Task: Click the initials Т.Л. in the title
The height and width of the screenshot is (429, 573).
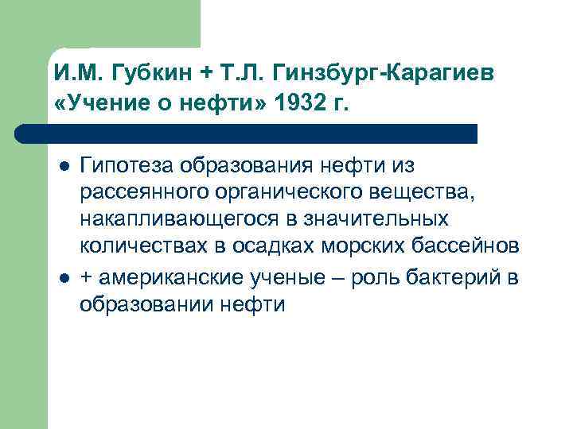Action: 236,75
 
